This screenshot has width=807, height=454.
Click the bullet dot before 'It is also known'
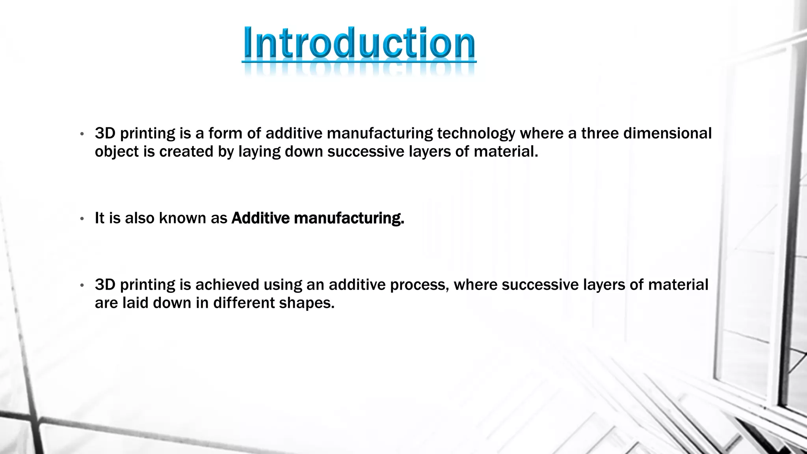pos(82,219)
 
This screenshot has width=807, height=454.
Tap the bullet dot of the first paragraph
pos(82,134)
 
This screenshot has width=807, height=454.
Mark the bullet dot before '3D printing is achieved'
pos(82,285)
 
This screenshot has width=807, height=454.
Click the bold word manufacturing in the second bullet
pos(349,218)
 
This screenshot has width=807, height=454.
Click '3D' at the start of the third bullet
pos(105,285)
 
